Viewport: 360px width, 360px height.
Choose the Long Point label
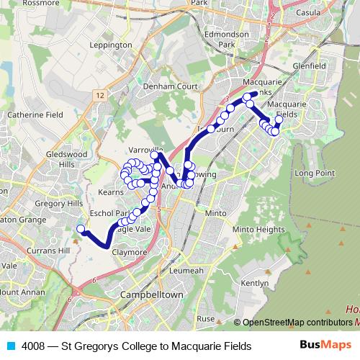click(x=315, y=174)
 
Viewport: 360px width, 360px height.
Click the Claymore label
click(x=129, y=253)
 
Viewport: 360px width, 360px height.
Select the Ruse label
click(x=206, y=318)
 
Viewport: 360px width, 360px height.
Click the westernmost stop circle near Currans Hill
click(x=81, y=230)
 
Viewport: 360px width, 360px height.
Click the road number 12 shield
click(x=99, y=95)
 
